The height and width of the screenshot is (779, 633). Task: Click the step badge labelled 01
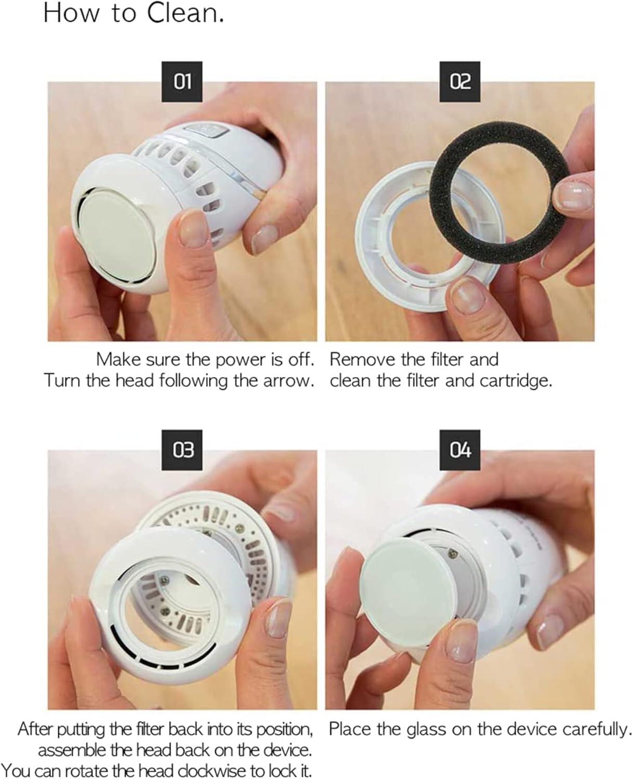coord(182,82)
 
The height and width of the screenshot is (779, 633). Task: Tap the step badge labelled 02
coord(459,82)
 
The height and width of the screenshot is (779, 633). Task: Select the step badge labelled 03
coord(182,450)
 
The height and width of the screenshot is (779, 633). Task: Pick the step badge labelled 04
coord(459,450)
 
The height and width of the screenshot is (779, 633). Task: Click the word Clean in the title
coord(186,14)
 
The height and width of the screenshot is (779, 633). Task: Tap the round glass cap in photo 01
coord(118,232)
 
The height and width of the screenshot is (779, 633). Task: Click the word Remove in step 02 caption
coord(362,359)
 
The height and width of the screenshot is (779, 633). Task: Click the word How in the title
coord(71,14)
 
